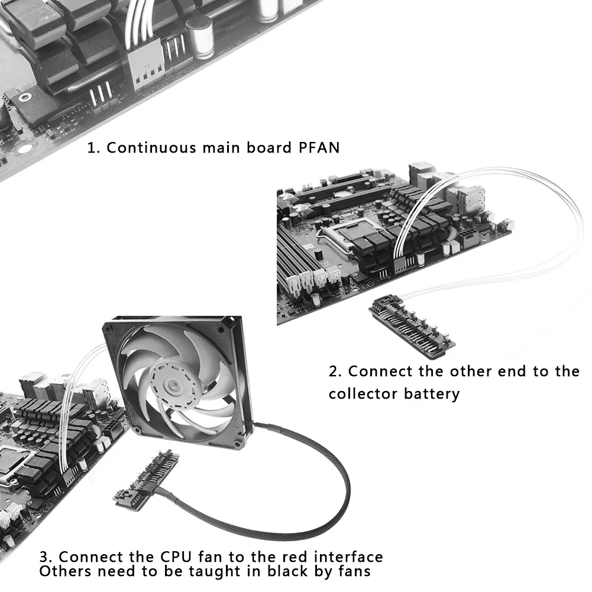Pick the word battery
click(432, 393)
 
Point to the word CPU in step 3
click(176, 557)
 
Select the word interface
click(348, 557)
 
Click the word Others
click(66, 571)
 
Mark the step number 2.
click(335, 371)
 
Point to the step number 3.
click(46, 557)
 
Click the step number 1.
click(92, 147)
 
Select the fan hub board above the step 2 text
click(412, 325)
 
